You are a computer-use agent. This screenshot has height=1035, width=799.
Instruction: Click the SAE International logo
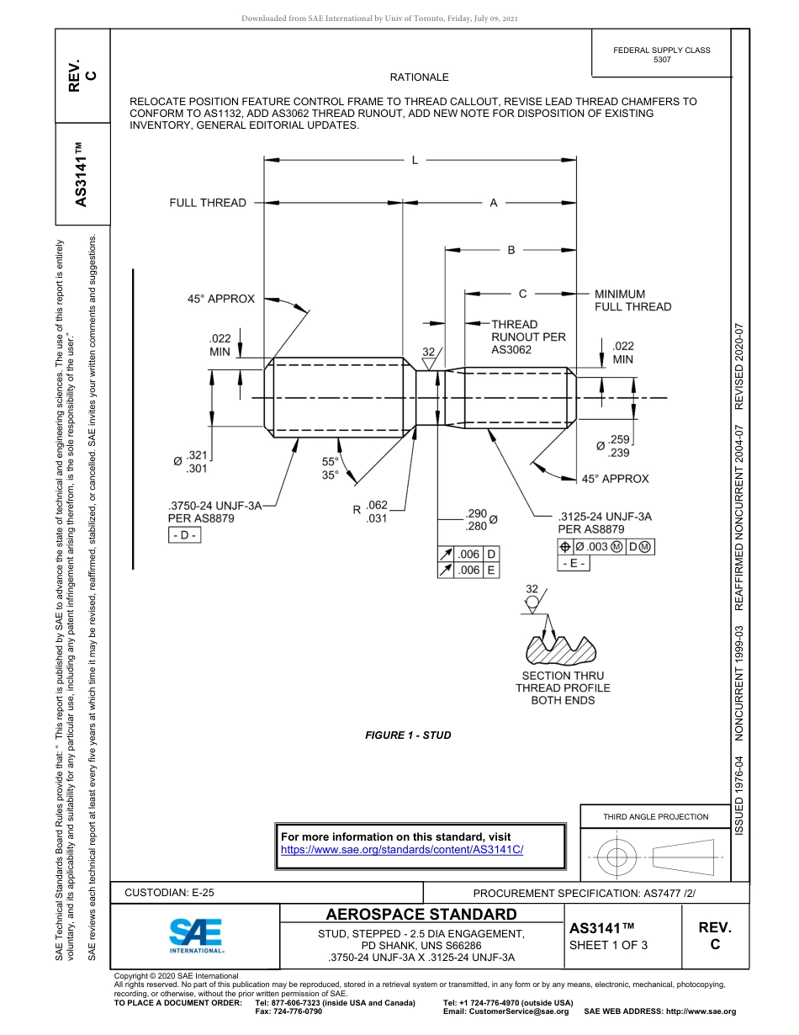[x=196, y=934]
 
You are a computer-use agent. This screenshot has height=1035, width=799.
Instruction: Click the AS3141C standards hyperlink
[x=401, y=850]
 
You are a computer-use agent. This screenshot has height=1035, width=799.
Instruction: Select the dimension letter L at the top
[x=415, y=160]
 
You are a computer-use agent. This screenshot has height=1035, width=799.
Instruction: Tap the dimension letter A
[x=494, y=203]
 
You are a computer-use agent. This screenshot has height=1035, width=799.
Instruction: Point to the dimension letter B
[x=511, y=250]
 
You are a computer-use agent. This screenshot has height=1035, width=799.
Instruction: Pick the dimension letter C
[x=522, y=294]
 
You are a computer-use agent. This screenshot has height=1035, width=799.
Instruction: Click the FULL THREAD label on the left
[x=208, y=203]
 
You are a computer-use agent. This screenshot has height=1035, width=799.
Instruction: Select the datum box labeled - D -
[x=184, y=536]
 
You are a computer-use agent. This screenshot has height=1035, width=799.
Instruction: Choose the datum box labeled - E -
[x=574, y=564]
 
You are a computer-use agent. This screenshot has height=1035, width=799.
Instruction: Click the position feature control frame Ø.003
[x=606, y=547]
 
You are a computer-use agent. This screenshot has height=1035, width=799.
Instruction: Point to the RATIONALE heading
[x=419, y=77]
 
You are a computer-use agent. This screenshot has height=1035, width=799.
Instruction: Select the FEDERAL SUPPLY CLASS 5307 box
[x=662, y=55]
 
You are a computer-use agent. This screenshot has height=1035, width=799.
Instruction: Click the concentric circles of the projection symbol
[x=617, y=858]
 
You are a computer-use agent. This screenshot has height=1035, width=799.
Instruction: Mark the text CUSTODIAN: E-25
[x=175, y=893]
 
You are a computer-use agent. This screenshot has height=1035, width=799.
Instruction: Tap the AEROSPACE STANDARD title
[x=421, y=915]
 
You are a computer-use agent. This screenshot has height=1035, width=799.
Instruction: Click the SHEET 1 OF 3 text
[x=609, y=945]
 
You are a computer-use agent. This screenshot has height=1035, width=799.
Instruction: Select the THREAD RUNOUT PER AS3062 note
[x=528, y=337]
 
